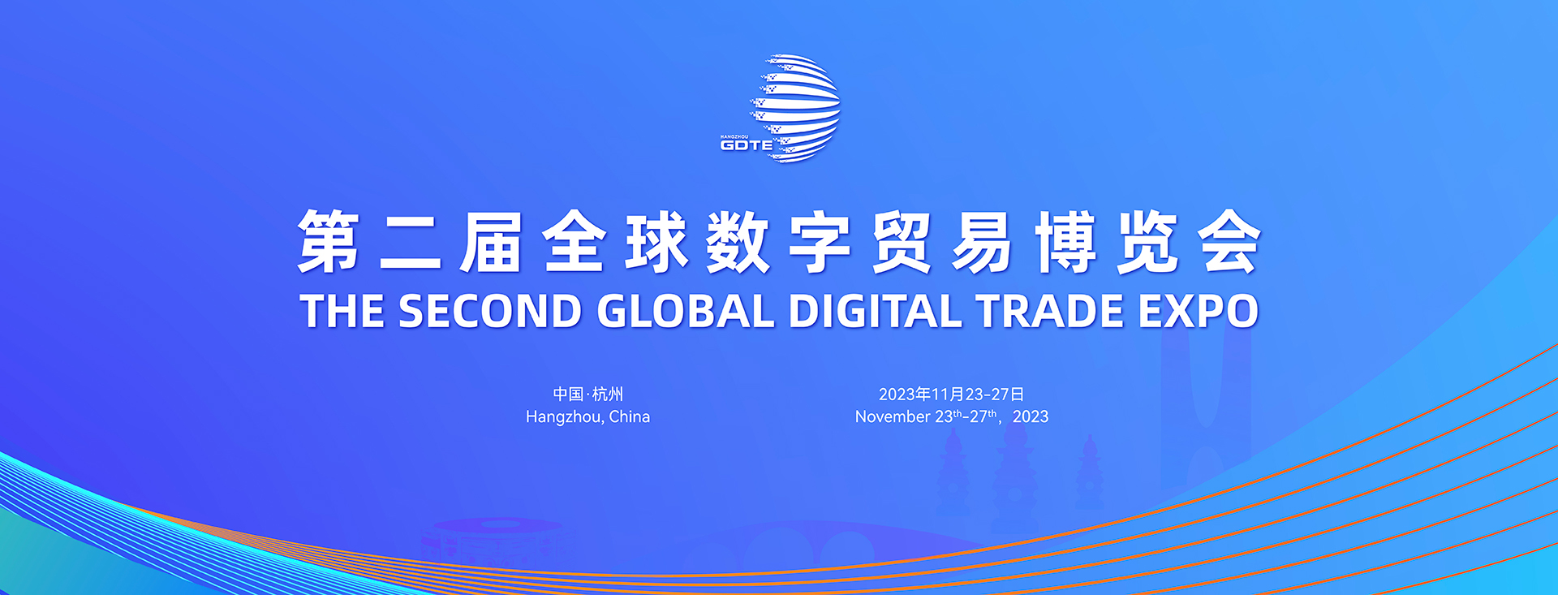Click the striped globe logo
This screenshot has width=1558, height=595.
(795, 107)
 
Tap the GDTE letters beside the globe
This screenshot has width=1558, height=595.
(747, 145)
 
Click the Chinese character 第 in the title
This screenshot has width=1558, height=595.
(329, 242)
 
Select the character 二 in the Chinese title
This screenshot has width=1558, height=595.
(411, 242)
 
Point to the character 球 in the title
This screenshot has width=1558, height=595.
(656, 242)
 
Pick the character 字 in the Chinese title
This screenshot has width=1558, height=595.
(820, 242)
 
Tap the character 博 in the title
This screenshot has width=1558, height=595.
(1066, 242)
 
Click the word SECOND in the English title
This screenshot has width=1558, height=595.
(490, 311)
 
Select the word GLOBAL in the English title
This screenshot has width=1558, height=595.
(686, 311)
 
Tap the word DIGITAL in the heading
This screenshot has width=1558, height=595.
(875, 311)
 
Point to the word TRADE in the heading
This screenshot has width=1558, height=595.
(1049, 311)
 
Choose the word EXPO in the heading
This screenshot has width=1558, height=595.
(1199, 311)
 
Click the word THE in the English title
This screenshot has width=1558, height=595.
(342, 311)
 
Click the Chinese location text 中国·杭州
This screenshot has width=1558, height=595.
(588, 395)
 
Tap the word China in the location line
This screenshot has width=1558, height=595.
(630, 416)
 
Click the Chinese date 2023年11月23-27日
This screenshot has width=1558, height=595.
(951, 395)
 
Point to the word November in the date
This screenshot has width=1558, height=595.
(893, 416)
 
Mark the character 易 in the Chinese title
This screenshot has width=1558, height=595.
(984, 242)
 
